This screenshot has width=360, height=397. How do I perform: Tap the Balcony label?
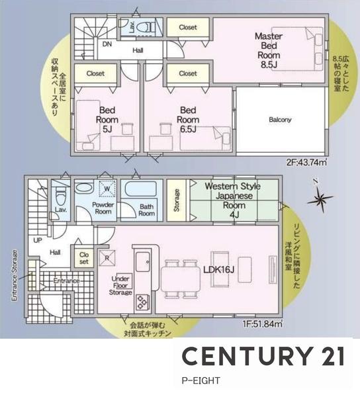pyautogui.click(x=280, y=120)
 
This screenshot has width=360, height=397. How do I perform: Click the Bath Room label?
pyautogui.click(x=146, y=210)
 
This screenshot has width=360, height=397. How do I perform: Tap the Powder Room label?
pyautogui.click(x=103, y=209)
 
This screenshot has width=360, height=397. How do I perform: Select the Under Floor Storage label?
pyautogui.click(x=120, y=286)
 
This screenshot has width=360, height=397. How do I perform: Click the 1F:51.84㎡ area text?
pyautogui.click(x=263, y=324)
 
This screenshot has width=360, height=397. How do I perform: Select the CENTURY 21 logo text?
pyautogui.click(x=263, y=357)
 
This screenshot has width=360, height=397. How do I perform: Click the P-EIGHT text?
pyautogui.click(x=201, y=380)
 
